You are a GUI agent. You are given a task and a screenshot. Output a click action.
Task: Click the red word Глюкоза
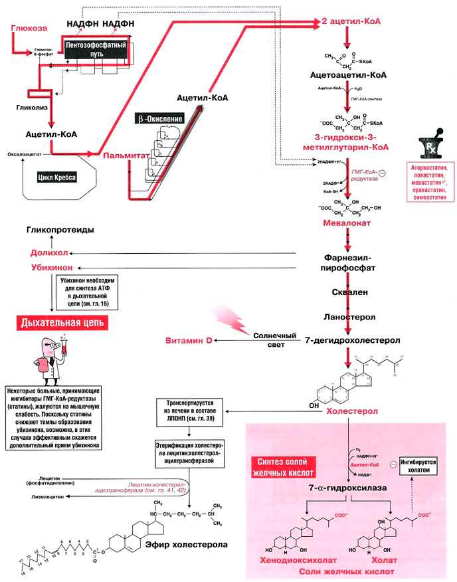[29, 29]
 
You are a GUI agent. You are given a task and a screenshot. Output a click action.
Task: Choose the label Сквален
[347, 292]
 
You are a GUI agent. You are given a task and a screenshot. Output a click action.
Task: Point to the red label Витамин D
[189, 341]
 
